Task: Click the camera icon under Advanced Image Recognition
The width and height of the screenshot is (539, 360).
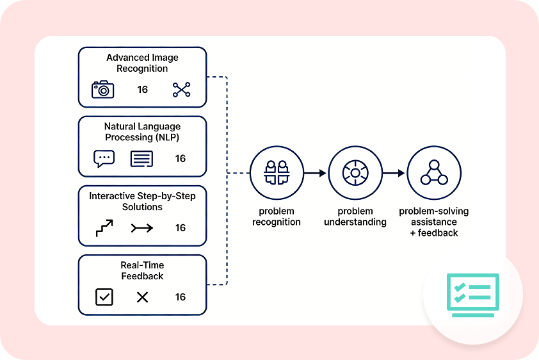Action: click(x=102, y=89)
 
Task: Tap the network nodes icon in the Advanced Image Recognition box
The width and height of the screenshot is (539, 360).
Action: click(x=182, y=90)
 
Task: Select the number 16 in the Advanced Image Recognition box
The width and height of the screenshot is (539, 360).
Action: click(x=143, y=90)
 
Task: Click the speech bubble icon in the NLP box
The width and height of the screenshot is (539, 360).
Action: click(x=104, y=158)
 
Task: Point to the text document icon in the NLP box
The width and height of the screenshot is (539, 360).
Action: click(x=141, y=159)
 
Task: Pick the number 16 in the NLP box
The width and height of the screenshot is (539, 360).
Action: click(x=181, y=159)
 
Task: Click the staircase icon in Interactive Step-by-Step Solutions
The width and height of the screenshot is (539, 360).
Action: click(x=104, y=227)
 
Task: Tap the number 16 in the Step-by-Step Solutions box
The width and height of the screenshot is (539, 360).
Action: click(x=181, y=228)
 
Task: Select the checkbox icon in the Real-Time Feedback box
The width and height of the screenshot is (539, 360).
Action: click(x=104, y=297)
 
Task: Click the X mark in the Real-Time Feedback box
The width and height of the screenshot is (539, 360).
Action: click(x=142, y=297)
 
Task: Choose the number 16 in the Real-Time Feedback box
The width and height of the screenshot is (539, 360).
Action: click(x=181, y=297)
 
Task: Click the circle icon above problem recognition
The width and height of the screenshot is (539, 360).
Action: click(x=277, y=173)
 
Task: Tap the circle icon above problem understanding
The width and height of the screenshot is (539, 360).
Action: click(x=355, y=173)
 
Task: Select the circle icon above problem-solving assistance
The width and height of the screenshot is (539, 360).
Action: click(x=433, y=173)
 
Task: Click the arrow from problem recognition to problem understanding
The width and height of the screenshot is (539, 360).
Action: click(x=316, y=173)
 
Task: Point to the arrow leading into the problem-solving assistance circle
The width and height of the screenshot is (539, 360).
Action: click(x=394, y=173)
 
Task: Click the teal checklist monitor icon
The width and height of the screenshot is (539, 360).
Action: click(x=472, y=295)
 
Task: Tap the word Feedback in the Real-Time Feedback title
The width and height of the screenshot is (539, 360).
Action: click(x=142, y=276)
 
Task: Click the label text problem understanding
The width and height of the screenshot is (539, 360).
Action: click(x=355, y=217)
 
